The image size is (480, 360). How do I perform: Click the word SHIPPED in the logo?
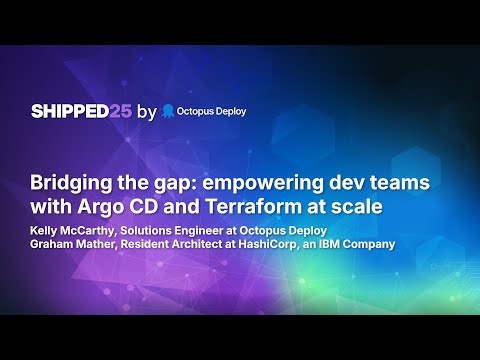pos(68,112)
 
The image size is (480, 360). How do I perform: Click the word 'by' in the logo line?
pos(147,112)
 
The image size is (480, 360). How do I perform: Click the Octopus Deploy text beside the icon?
pos(213,112)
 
